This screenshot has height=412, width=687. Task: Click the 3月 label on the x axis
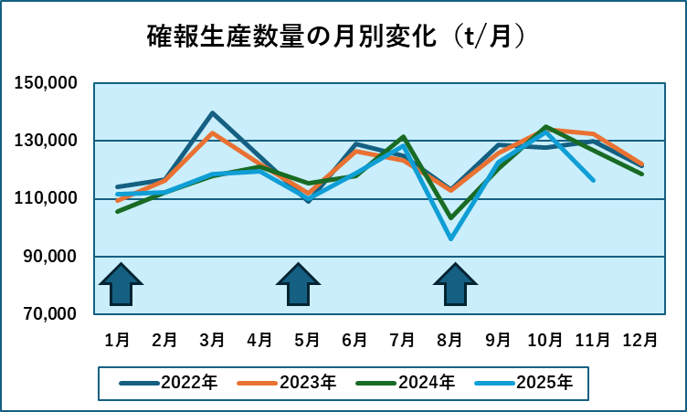(212, 340)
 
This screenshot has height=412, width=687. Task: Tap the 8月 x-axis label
(450, 340)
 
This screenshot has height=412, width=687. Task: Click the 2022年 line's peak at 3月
(212, 113)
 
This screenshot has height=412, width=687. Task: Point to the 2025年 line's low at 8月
(450, 238)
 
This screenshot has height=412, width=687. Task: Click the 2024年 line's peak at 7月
(403, 137)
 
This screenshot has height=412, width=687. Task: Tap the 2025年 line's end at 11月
(593, 180)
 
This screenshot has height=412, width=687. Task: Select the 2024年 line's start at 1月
(117, 211)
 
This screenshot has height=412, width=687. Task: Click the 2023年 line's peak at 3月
(212, 133)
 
